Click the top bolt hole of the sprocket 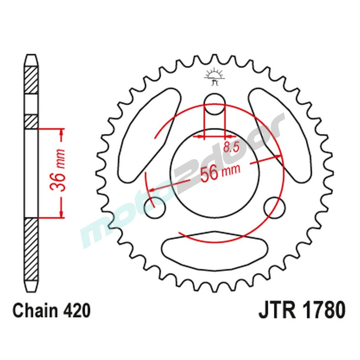coord(215,104)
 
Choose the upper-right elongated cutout coord(281,135)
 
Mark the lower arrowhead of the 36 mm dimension coord(62,214)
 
